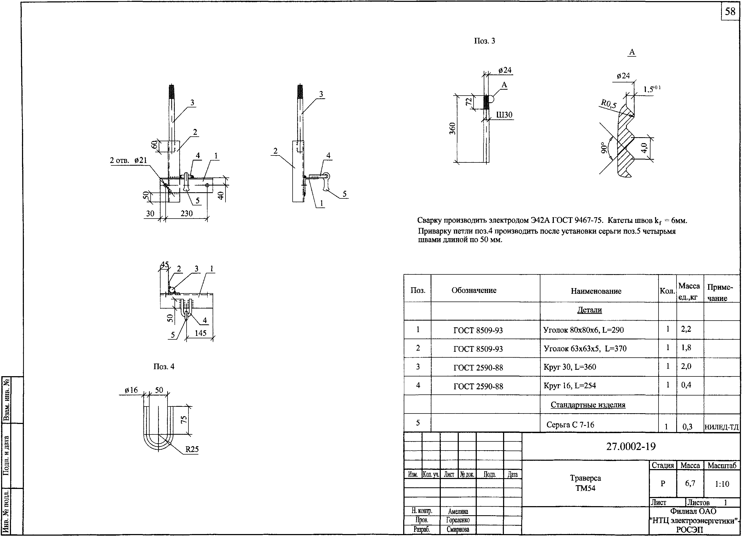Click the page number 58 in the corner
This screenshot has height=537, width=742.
730,12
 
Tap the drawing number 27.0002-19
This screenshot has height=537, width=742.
631,446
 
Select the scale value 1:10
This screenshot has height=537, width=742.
722,484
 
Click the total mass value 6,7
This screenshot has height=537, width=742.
690,483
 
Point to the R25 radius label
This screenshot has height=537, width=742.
192,449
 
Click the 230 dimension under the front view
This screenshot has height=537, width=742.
187,214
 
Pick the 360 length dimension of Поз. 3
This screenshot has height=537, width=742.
452,129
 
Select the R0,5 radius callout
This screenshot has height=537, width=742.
608,104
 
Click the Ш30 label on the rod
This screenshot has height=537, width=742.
504,115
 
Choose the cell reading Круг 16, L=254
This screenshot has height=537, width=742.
570,386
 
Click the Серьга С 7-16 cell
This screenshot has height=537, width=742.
570,425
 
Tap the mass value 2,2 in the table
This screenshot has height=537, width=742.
686,329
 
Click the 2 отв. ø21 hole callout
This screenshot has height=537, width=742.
128,161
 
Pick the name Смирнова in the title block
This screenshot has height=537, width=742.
458,529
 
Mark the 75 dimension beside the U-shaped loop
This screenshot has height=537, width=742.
184,420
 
